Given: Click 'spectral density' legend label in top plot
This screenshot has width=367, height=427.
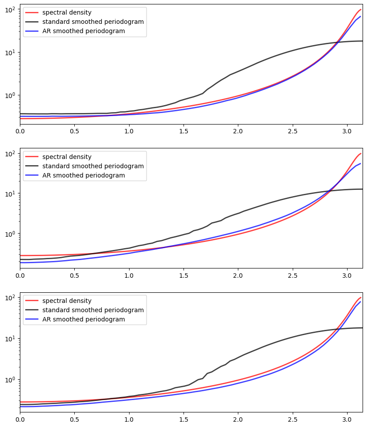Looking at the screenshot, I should [x=67, y=12].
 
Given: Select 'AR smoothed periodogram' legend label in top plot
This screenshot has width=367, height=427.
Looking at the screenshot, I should [x=84, y=31].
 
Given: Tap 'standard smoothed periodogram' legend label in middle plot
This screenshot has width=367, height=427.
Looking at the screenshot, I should [x=93, y=166].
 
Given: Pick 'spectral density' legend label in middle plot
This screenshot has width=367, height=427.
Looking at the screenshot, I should [x=67, y=157].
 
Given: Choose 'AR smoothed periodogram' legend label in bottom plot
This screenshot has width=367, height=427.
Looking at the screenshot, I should [x=84, y=319].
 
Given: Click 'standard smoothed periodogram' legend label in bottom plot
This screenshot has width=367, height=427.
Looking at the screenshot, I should [x=93, y=310].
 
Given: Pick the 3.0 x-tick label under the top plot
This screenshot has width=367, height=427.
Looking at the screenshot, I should [x=347, y=131].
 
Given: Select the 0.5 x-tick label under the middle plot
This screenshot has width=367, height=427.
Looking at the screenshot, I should [x=74, y=276].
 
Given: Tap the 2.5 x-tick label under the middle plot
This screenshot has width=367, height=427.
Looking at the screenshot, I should [x=293, y=276].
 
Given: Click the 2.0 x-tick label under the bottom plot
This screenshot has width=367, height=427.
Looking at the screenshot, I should [x=238, y=419].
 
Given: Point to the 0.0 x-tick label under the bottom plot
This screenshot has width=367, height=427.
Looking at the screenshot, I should [x=20, y=419].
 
